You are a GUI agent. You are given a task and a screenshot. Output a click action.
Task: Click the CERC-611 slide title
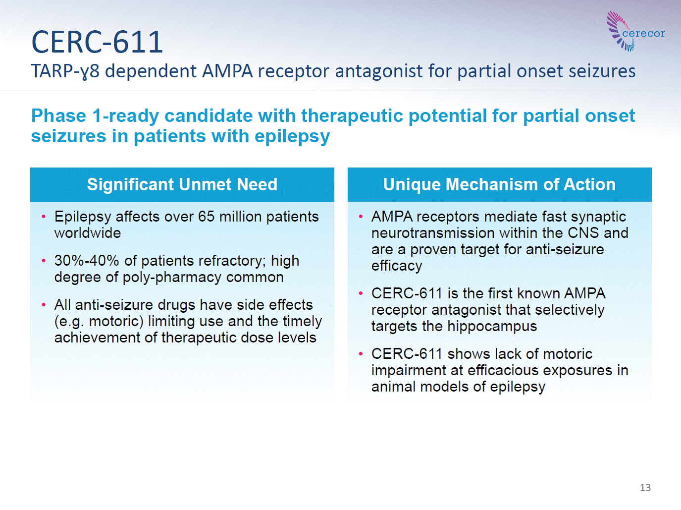point(97,42)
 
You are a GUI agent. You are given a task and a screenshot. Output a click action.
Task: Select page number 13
point(645,487)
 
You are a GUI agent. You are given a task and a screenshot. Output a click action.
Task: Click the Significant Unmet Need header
point(182,184)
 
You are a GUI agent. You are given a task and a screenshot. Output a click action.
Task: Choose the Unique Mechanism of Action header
point(499,184)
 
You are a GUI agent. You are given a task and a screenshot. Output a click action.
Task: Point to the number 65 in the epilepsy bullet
point(207,217)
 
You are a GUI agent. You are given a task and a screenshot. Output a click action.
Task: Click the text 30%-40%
point(87,261)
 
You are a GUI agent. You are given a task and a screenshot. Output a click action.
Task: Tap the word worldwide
point(88,233)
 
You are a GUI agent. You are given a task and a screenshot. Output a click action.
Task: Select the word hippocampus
point(492,327)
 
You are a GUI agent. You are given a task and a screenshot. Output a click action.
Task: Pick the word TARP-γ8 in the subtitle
point(65,71)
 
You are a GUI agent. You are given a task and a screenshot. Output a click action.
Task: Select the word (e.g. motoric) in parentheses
point(99,322)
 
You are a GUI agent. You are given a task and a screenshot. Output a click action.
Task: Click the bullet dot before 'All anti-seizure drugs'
point(44,305)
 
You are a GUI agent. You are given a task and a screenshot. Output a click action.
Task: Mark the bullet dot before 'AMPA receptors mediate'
point(361,217)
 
